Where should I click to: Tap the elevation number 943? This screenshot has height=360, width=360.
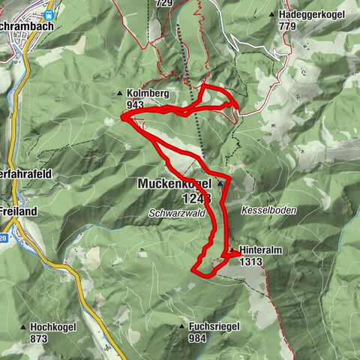pos(136,105)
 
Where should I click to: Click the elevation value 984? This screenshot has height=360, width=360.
pos(198,338)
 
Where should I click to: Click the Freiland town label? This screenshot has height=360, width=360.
pos(17,211)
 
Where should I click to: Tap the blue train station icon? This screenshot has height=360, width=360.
pos(50,14)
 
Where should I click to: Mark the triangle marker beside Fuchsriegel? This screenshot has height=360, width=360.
pos(182,327)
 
